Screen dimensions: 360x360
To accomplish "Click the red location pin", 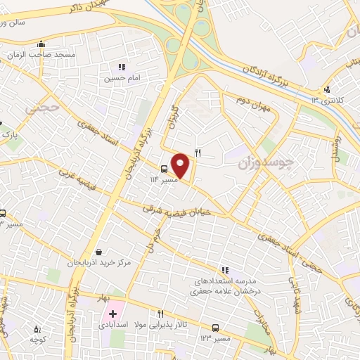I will [181, 165].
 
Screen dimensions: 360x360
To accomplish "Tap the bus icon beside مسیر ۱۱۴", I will [164, 169].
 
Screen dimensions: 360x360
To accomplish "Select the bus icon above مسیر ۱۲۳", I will [216, 328].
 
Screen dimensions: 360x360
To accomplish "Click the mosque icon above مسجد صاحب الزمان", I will [41, 44].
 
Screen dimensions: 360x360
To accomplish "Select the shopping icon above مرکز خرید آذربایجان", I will [99, 251].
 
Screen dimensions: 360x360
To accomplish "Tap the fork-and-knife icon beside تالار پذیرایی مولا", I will [160, 314].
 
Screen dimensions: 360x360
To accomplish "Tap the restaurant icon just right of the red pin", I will [198, 153].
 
